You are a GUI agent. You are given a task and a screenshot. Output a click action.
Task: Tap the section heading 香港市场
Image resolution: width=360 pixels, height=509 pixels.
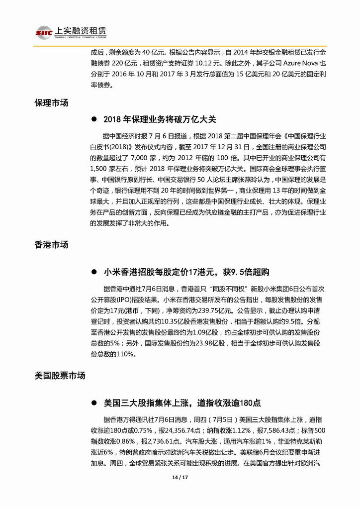coord(51,245)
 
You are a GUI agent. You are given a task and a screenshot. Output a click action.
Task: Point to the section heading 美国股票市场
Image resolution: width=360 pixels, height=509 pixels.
coord(60,375)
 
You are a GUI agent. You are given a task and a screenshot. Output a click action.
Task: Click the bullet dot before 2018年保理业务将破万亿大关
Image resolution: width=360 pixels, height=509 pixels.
coord(93,120)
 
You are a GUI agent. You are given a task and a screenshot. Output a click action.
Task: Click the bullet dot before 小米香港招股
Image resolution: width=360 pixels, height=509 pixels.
coord(93,272)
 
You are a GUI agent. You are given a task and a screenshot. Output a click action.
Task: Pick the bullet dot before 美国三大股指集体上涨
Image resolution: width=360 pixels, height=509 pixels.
coord(93,403)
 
